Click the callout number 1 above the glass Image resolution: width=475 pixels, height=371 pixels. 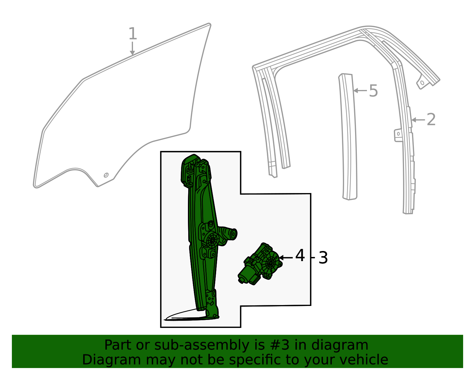click(133, 34)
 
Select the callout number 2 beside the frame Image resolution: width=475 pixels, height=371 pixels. click(431, 119)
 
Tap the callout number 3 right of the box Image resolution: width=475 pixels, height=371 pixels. click(323, 258)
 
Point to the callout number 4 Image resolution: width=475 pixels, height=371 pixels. click(300, 255)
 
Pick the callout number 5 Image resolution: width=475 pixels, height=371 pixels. click(373, 91)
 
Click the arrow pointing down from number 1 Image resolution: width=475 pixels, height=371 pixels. click(132, 48)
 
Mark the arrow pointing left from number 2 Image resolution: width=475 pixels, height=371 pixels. click(418, 120)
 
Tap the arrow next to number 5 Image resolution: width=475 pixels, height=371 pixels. click(360, 90)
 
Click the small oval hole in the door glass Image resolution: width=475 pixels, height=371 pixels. click(106, 175)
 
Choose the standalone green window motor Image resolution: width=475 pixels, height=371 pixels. click(260, 264)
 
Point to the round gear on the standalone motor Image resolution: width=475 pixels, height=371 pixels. click(271, 262)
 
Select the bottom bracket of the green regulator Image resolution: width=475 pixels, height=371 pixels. click(212, 304)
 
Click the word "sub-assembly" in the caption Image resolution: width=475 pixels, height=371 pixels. click(202, 345)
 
